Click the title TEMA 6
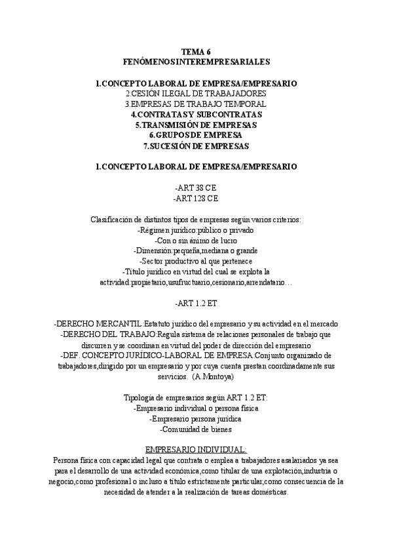tap(196, 51)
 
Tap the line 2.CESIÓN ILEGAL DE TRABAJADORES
tap(196, 94)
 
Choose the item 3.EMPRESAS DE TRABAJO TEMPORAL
tap(196, 104)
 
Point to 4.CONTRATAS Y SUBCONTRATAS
tap(196, 114)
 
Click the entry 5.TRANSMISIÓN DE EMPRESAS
tap(196, 125)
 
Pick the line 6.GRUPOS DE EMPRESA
tap(196, 135)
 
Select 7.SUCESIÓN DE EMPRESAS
tap(196, 146)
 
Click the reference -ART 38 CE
tap(196, 188)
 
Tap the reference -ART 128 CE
tap(196, 198)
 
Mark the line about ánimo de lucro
tap(196, 240)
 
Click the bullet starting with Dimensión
tap(196, 250)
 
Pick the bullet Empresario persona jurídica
tap(196, 418)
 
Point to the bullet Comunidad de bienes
tap(196, 429)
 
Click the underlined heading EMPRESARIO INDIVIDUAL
tap(196, 450)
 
